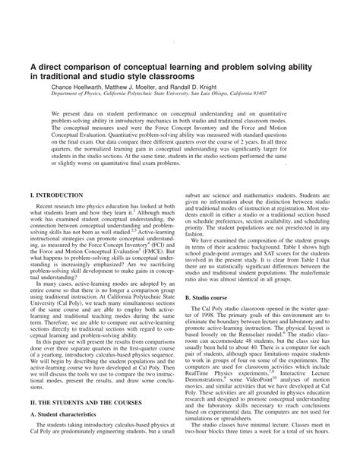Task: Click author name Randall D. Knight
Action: [223, 88]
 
